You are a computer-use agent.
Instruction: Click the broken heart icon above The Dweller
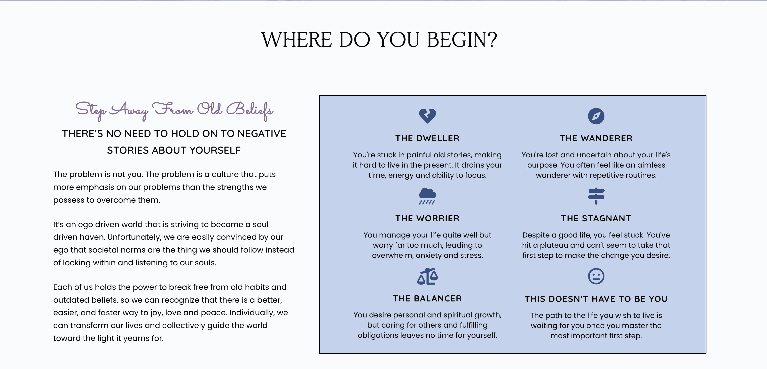coord(427,116)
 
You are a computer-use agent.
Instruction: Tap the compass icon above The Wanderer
coord(596,116)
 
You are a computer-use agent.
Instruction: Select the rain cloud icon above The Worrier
coord(427,196)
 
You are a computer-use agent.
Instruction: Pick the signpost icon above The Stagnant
coord(596,196)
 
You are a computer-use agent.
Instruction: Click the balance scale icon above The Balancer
coord(427,276)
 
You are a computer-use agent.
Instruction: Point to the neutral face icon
coord(596,276)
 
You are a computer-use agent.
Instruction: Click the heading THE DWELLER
coord(427,138)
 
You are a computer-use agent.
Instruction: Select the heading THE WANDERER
coord(596,138)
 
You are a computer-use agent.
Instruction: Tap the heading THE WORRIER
coord(427,218)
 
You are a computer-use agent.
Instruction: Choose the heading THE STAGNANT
coord(596,218)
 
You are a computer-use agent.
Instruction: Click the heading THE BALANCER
coord(427,299)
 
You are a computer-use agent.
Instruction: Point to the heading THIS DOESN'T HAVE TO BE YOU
coord(596,299)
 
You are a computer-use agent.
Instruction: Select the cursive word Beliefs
coord(250,110)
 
